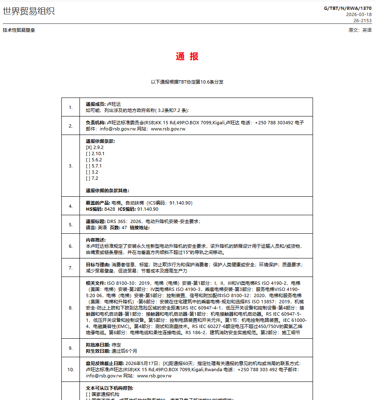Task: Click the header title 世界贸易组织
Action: click(28, 12)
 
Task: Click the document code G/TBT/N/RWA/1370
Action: click(348, 8)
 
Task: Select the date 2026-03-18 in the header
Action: click(359, 14)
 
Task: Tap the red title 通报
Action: click(187, 57)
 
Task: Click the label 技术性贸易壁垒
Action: click(19, 30)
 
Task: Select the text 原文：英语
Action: click(360, 30)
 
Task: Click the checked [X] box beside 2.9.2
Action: click(89, 147)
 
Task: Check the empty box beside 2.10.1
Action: click(88, 153)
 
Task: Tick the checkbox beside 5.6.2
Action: click(88, 160)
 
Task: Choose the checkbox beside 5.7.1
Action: click(88, 166)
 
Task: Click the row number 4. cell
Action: click(70, 206)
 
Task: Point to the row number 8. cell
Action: click(70, 307)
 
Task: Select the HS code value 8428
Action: click(110, 209)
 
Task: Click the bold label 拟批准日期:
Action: click(98, 345)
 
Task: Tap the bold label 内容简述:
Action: click(96, 240)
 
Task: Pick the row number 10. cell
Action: click(70, 370)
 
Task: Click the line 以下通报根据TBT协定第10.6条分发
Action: click(187, 82)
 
